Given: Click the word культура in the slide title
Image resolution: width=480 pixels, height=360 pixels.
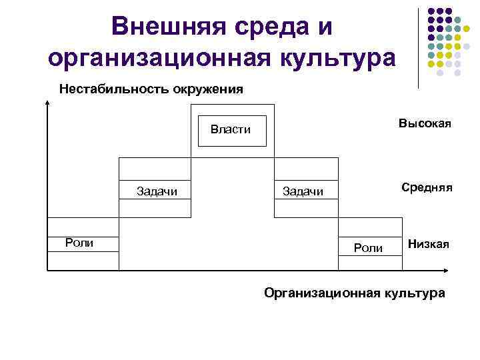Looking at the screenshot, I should pos(337,58).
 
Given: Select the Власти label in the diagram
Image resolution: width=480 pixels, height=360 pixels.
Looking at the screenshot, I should pos(231,129).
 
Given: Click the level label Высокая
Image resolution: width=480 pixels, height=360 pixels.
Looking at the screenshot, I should pos(425,123).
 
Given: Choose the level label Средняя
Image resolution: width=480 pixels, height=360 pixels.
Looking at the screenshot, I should pos(426,187).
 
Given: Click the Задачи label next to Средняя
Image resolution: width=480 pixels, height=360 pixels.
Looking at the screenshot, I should pos(303,192).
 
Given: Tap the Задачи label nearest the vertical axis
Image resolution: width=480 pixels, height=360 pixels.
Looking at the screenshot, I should pos(157,192).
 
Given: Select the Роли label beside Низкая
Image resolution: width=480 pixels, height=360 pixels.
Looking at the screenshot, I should pos(369,248).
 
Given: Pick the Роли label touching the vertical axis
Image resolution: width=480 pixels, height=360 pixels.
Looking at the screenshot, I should pos(79,243).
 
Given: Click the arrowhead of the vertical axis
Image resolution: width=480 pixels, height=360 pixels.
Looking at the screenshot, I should pos(48,103).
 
